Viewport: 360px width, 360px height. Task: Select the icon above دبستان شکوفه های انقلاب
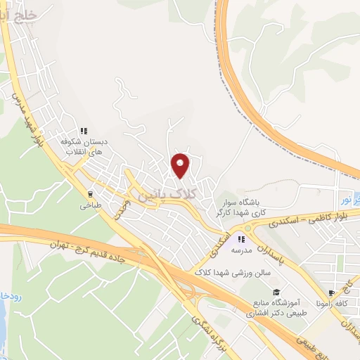click(84, 131)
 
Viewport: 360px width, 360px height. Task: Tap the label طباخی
click(91, 207)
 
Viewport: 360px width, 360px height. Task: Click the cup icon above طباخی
click(90, 194)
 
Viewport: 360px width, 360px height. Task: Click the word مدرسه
click(247, 250)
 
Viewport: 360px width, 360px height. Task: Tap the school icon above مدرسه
click(247, 239)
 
